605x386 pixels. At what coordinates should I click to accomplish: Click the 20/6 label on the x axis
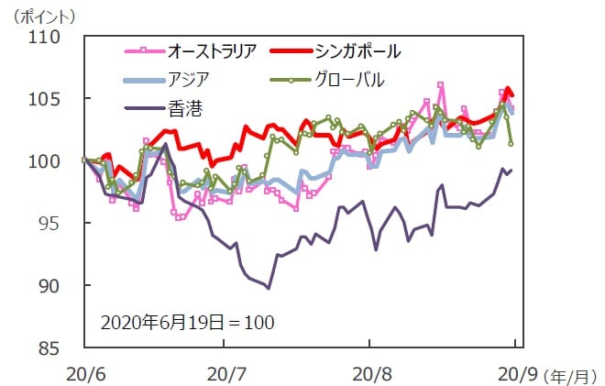(x=84, y=373)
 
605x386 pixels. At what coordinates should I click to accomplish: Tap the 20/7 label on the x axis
(x=226, y=373)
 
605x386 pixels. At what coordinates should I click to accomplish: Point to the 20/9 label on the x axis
(x=512, y=373)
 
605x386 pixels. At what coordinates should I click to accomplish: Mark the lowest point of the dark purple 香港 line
(x=269, y=288)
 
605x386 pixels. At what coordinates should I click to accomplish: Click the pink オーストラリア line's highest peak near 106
(x=441, y=85)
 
